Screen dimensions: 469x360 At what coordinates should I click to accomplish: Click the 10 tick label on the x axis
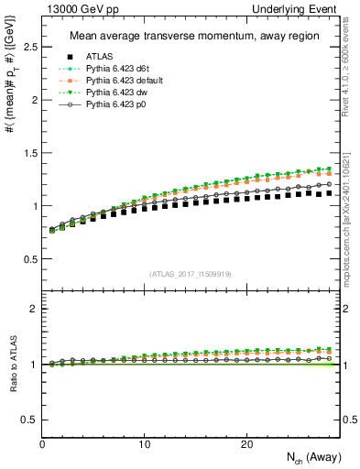point(144,443)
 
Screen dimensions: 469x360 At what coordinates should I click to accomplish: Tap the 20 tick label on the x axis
point(246,443)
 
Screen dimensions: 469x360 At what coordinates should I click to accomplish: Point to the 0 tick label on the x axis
point(42,443)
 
